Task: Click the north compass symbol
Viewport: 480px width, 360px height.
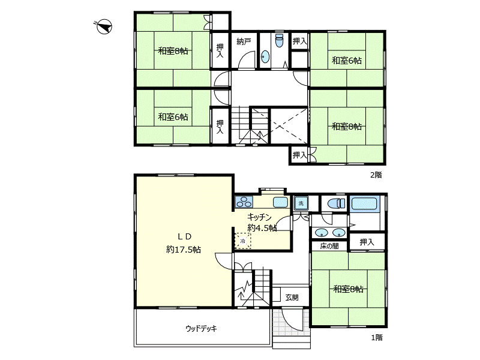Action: [104, 26]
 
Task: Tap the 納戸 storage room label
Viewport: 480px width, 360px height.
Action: [244, 41]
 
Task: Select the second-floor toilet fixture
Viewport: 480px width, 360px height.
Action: [280, 40]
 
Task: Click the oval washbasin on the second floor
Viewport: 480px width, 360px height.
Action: [265, 56]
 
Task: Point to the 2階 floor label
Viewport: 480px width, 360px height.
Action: [376, 175]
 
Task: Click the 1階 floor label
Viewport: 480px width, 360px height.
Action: [377, 337]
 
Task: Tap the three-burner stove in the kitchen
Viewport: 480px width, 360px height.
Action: [244, 202]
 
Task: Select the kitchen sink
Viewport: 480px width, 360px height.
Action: [280, 202]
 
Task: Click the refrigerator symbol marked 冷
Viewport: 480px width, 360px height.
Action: [243, 241]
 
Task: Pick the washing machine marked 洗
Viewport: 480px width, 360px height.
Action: [301, 203]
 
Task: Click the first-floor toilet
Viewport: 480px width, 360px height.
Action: [337, 203]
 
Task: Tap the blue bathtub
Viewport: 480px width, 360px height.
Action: [364, 204]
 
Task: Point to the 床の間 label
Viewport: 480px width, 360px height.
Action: [329, 246]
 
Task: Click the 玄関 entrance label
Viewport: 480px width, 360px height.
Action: [292, 297]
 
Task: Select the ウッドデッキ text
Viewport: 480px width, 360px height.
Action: [201, 328]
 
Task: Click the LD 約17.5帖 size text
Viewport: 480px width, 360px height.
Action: [184, 250]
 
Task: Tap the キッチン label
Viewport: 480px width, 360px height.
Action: [259, 217]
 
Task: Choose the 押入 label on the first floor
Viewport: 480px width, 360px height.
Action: [367, 242]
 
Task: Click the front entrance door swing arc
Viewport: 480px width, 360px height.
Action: [292, 322]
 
